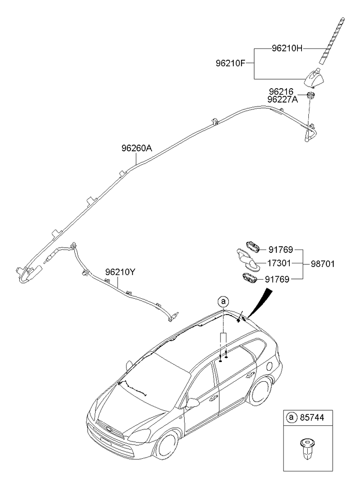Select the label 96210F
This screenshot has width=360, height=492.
(x=230, y=63)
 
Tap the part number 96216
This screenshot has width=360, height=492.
(x=281, y=92)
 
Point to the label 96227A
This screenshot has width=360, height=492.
(x=283, y=99)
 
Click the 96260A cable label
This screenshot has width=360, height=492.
(x=136, y=148)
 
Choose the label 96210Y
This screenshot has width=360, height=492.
(x=120, y=272)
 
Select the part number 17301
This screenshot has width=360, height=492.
(x=279, y=263)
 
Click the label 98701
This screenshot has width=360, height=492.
(x=323, y=264)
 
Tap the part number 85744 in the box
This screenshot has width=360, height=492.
(x=312, y=418)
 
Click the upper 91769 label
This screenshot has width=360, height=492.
(x=280, y=249)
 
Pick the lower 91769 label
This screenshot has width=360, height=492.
(x=277, y=279)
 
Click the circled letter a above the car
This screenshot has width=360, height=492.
(x=224, y=302)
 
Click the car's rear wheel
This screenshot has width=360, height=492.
(x=260, y=391)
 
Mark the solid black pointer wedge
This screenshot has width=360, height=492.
(x=260, y=303)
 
